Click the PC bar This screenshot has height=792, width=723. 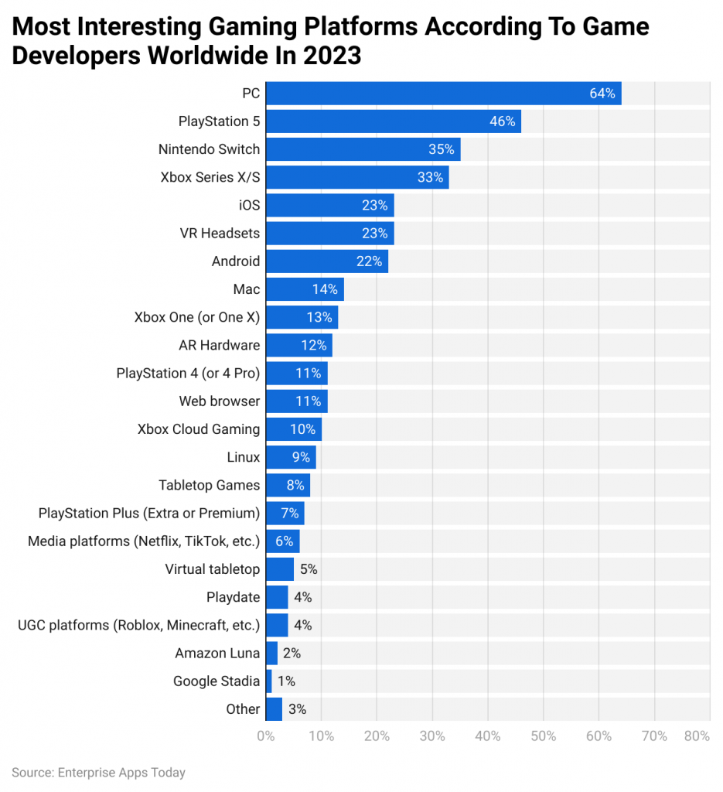443,94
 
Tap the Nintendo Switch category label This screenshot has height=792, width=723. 209,149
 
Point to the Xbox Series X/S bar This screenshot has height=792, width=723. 356,177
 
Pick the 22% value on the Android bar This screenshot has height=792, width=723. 369,261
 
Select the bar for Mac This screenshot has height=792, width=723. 304,289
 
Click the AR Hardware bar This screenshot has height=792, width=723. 298,345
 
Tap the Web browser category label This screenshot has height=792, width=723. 220,401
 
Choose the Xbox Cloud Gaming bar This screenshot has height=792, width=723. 293,429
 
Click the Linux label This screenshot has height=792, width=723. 243,457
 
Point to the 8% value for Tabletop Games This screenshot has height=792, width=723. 295,485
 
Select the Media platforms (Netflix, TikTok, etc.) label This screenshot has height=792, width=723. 144,541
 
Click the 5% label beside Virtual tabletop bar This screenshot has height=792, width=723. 309,569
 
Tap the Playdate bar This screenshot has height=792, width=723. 277,597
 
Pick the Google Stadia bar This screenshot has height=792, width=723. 268,681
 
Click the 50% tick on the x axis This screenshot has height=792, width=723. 544,736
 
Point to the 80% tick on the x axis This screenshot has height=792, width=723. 697,736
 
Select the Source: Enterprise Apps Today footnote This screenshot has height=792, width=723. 98,772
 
